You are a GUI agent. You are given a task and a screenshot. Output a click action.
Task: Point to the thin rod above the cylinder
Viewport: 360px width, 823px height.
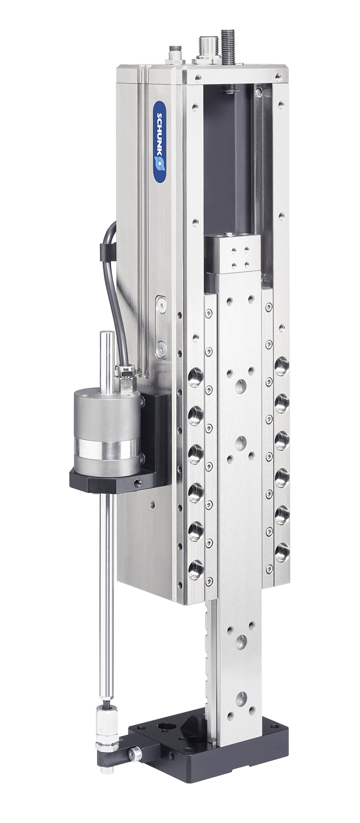(x=106, y=361)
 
